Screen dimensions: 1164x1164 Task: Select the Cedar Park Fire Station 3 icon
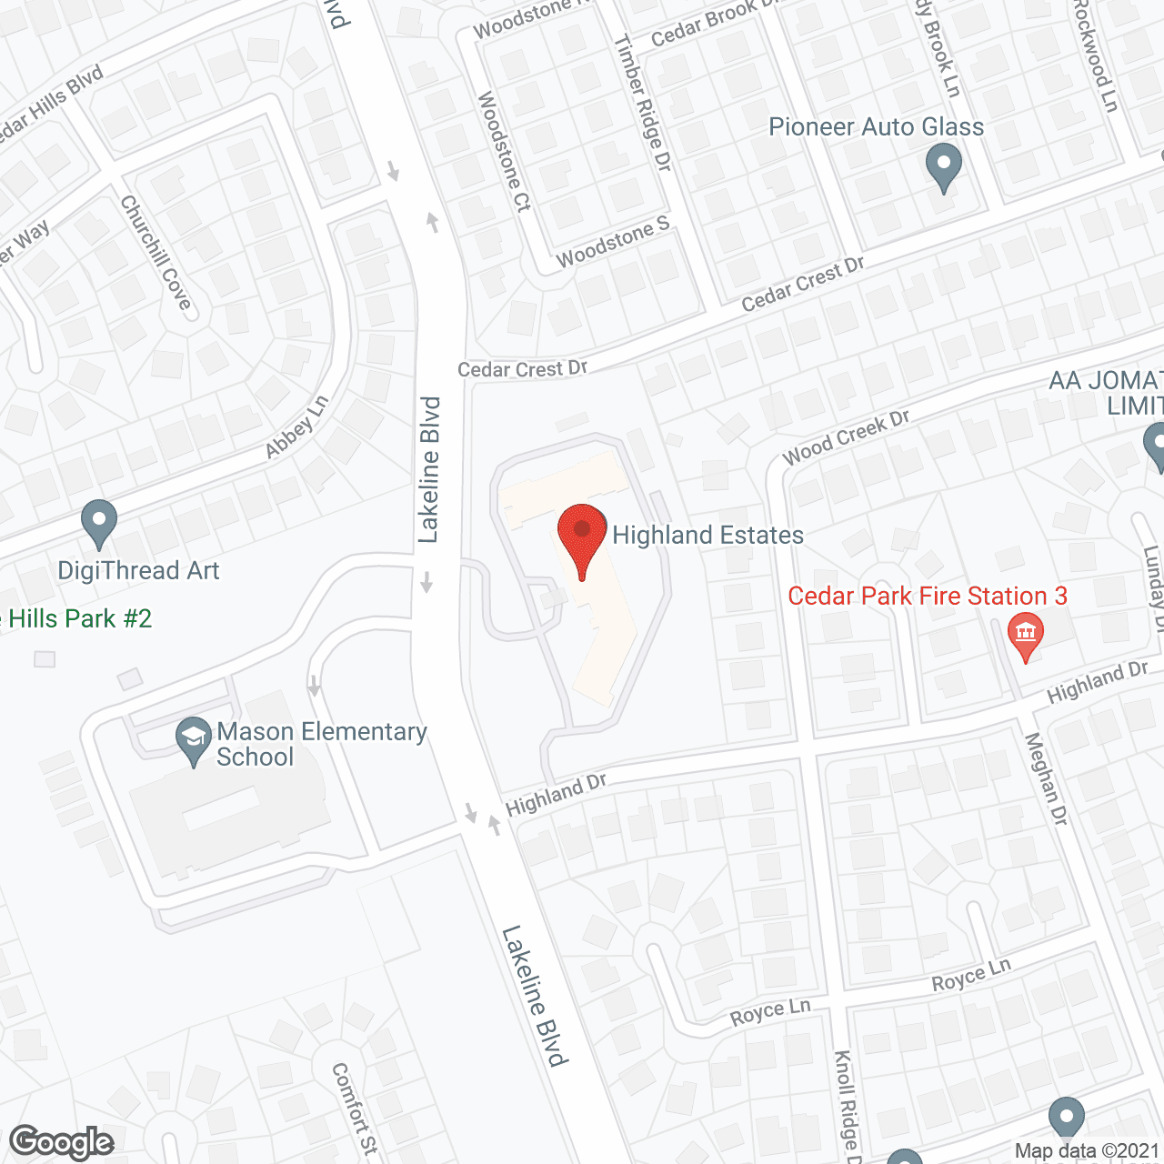[1026, 635]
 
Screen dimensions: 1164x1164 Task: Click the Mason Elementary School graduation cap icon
[194, 739]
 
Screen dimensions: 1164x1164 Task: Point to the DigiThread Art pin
[99, 523]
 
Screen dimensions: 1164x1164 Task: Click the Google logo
[62, 1142]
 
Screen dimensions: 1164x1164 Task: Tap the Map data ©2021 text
[1087, 1151]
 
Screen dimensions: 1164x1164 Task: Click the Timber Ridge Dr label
[642, 103]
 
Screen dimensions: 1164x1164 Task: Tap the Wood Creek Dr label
[846, 437]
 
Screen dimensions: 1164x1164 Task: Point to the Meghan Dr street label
[1046, 779]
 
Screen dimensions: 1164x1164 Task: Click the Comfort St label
[354, 1109]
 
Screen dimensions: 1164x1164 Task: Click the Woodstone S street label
[612, 243]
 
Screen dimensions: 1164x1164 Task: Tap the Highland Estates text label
[707, 535]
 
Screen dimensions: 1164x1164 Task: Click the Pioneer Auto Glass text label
[876, 126]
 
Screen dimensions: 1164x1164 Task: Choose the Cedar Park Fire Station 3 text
[927, 596]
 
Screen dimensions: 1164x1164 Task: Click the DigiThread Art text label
[138, 570]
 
